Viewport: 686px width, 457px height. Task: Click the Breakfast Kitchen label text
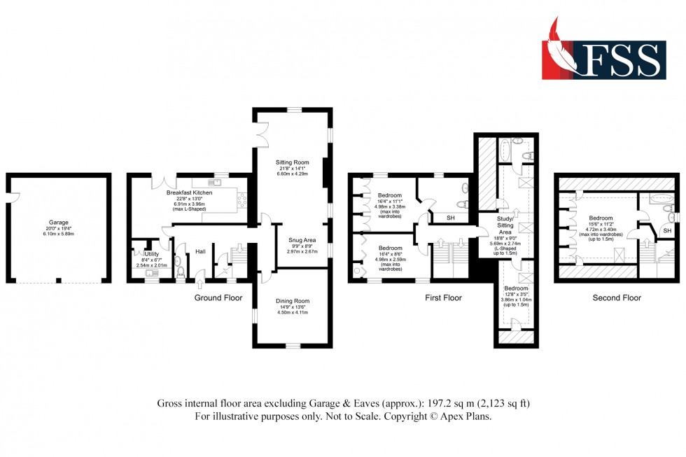189,192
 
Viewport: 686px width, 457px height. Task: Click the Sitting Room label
293,162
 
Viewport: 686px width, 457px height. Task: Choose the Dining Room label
293,302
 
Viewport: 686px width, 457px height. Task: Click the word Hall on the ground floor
200,251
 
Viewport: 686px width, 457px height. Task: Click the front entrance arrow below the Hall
199,284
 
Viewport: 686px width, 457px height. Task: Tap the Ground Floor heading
218,297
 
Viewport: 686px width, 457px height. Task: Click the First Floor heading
442,297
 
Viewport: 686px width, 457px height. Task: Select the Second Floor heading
617,297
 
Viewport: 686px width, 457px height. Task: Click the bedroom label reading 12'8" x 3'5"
517,293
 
